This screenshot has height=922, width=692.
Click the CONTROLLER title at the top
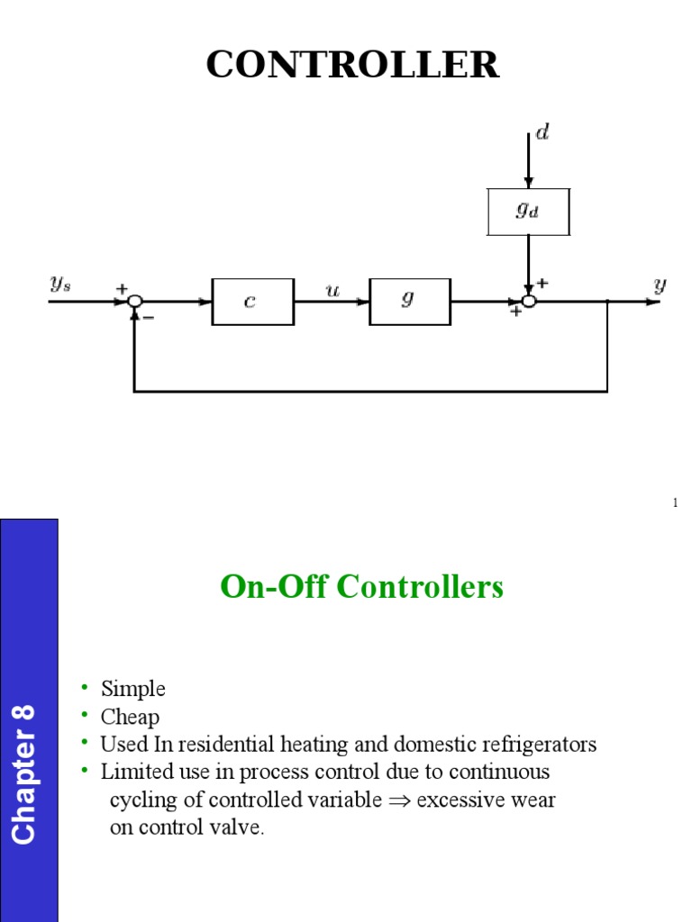(352, 65)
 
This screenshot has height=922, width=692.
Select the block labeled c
(252, 302)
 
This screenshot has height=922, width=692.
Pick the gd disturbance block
(528, 212)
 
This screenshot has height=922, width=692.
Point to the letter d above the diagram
(542, 133)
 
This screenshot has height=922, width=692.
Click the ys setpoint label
(60, 285)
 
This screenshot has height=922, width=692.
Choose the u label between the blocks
(332, 292)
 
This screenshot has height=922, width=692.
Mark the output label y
(660, 285)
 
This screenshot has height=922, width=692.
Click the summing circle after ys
(134, 302)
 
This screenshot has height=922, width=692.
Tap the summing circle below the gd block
(529, 302)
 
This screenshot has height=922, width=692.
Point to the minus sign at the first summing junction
(148, 317)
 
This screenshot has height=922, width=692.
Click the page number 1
(674, 502)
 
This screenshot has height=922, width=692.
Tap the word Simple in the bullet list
(133, 689)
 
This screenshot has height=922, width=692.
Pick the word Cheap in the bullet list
(130, 717)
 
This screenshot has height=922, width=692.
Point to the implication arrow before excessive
(399, 800)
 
